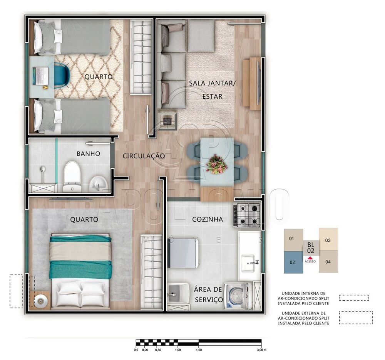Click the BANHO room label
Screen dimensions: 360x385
[88, 154]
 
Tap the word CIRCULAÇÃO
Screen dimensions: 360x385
[144, 156]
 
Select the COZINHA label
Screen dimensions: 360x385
[208, 219]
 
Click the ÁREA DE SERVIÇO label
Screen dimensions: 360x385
[208, 294]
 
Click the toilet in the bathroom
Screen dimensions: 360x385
[72, 176]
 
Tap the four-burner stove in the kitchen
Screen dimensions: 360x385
[247, 215]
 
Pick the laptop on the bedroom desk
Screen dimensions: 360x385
[40, 75]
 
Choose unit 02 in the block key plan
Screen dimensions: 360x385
[293, 262]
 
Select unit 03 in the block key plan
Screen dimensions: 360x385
[328, 240]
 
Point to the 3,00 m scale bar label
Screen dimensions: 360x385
[261, 350]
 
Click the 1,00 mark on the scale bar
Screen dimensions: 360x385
[177, 350]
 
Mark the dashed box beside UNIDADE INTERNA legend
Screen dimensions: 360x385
[354, 298]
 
